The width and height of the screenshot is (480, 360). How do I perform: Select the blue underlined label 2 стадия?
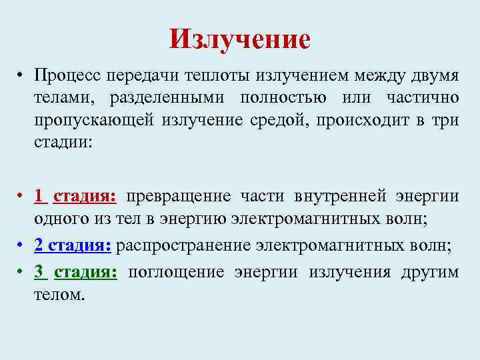(73, 245)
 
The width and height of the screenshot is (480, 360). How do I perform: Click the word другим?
(429, 273)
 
